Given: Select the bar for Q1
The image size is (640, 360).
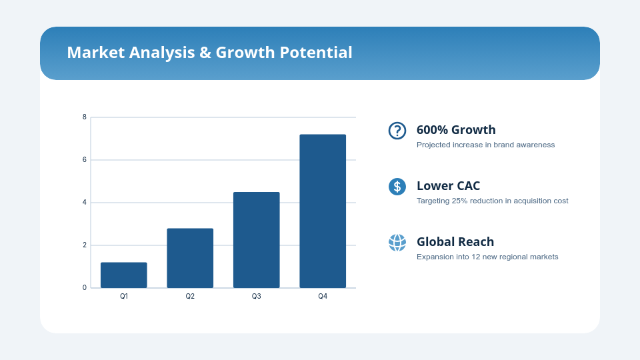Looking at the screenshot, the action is [x=124, y=275].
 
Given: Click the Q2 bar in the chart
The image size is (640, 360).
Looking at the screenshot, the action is [x=190, y=258].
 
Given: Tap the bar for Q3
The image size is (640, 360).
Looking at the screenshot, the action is [x=256, y=240].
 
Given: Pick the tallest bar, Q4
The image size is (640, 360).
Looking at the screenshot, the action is [x=323, y=211].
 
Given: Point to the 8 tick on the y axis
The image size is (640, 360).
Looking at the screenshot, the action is [x=85, y=117].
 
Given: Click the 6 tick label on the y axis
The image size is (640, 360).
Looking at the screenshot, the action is [x=85, y=159].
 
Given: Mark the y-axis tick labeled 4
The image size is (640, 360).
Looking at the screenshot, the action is [x=85, y=203].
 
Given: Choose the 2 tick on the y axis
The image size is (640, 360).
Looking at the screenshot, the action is [x=85, y=245].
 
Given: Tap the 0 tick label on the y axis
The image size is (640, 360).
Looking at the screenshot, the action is [x=85, y=288].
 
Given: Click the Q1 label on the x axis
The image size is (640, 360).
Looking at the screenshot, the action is [x=124, y=296].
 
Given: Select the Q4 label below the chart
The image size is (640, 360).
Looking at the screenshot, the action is [x=323, y=296].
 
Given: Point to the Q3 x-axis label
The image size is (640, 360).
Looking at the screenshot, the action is [x=256, y=296].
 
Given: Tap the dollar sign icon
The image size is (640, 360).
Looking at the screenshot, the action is [x=397, y=187].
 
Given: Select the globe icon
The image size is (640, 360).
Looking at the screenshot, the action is [x=397, y=243].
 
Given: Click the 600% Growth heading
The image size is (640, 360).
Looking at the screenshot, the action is [x=456, y=130].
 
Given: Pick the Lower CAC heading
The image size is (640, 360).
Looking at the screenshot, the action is [x=448, y=186].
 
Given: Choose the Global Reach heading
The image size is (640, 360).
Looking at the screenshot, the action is [x=455, y=241].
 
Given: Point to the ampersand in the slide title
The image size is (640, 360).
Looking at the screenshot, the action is [x=205, y=53].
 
